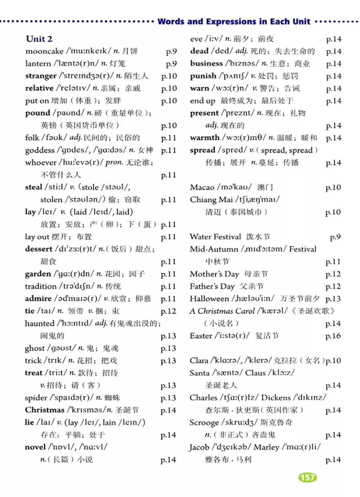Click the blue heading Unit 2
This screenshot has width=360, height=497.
(39, 39)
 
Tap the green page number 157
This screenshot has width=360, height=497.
(308, 477)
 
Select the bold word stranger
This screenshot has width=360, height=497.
(41, 76)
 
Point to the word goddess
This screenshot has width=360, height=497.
(40, 150)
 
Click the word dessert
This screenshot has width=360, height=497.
(39, 249)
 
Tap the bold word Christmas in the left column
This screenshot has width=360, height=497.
(45, 410)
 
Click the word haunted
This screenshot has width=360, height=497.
(39, 323)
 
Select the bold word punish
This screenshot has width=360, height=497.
(203, 76)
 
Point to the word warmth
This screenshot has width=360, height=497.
(204, 138)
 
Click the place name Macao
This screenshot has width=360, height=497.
(202, 187)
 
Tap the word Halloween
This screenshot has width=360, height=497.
(209, 299)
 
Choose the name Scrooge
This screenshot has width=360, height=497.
(204, 423)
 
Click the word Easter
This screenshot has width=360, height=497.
(201, 336)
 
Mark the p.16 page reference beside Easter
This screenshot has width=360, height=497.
(333, 336)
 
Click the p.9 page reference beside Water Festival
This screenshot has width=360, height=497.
(335, 237)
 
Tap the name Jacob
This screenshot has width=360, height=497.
(199, 447)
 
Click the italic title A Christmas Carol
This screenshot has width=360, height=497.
(222, 311)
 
